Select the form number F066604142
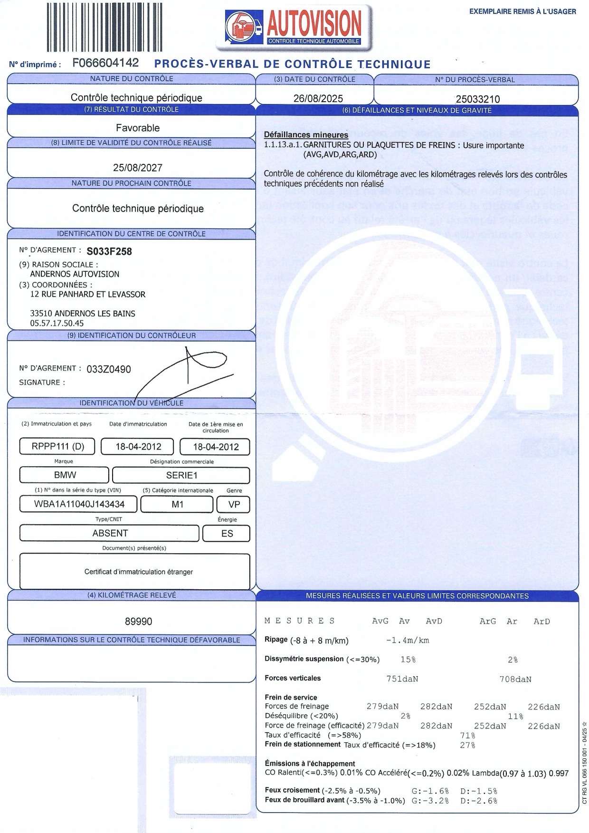point(105,63)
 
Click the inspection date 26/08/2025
point(318,98)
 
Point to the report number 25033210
point(477,99)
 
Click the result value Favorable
point(138,128)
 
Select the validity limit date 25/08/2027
point(138,168)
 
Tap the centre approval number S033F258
point(109,251)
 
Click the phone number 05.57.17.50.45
point(57,323)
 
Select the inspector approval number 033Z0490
point(108,369)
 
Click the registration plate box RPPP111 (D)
point(57,447)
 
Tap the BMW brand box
point(65,475)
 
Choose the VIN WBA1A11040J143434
point(79,504)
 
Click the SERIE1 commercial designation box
point(181,475)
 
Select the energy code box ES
point(227,533)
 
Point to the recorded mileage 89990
point(138,622)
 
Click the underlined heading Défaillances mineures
point(306,135)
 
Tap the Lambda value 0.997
point(558,774)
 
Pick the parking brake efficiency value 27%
point(467,745)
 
